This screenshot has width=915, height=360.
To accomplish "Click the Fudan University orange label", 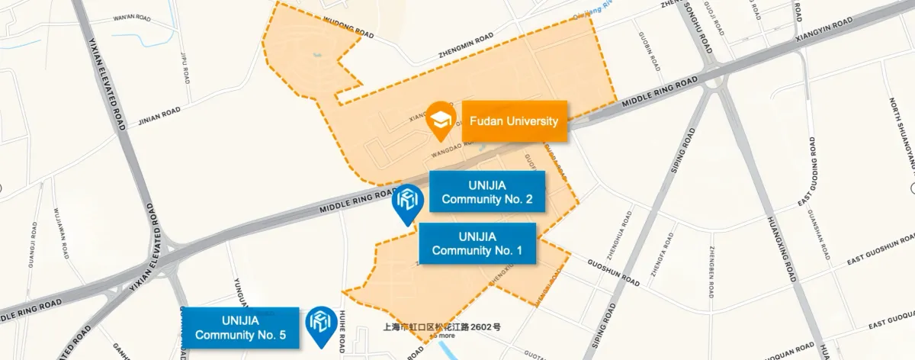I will (514, 121).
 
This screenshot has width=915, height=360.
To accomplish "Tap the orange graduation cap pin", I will (441, 121).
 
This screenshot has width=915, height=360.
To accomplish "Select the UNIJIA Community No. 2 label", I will (486, 192).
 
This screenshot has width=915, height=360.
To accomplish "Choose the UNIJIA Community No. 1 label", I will (477, 243).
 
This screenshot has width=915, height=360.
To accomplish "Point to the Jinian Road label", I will (159, 117).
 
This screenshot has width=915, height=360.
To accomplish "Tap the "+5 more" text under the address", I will (442, 336).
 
